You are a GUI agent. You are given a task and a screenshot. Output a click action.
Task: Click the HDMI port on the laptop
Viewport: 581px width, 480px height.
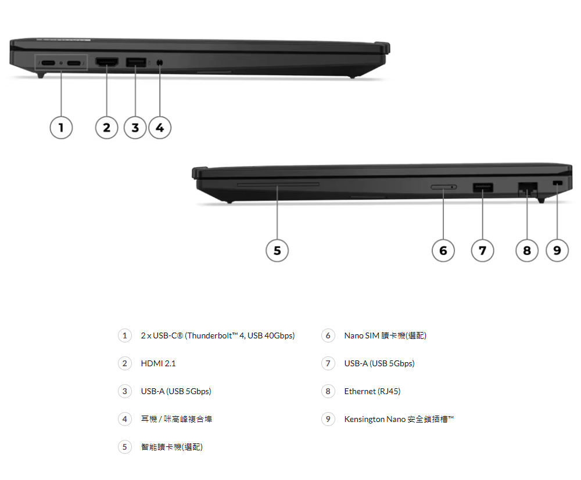coord(107,62)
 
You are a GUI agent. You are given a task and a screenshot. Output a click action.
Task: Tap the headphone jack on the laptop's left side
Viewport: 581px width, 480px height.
coord(160,62)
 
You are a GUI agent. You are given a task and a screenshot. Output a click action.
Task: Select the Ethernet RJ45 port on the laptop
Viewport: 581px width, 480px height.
coord(528,189)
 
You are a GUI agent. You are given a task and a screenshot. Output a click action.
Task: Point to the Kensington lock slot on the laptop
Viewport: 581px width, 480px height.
coord(557,183)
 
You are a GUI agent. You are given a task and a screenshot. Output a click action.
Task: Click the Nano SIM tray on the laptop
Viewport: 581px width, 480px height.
coord(443,187)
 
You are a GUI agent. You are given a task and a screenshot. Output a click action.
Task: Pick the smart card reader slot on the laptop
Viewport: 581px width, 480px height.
coord(278,184)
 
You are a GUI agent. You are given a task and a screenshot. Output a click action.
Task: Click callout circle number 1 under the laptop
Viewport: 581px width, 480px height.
coord(61,128)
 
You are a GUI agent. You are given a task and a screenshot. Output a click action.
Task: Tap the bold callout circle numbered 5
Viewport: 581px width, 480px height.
coord(277,251)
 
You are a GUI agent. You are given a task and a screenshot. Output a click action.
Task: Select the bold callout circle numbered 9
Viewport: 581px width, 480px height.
coord(557,251)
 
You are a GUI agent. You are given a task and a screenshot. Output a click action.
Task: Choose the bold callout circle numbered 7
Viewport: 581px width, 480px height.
coord(482,251)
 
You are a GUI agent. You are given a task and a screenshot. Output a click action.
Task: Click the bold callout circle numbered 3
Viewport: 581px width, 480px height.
coord(135,128)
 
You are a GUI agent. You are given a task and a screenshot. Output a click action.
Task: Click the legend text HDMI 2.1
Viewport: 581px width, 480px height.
coord(158,363)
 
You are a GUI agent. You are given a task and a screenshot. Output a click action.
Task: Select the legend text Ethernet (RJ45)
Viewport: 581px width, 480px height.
coord(372,391)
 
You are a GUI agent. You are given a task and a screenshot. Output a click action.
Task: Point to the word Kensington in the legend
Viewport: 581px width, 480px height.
coord(364,419)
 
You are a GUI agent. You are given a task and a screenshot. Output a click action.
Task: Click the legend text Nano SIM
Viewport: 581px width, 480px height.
coord(361,335)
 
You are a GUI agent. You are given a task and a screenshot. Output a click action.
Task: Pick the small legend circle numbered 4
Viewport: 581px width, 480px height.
coord(125,419)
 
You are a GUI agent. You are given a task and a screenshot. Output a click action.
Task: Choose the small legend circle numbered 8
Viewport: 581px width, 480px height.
coord(328,391)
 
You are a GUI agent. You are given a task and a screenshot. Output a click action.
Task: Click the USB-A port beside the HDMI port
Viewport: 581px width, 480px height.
coord(135,62)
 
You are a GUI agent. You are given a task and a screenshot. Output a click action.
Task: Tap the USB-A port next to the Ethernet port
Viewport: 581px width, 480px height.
coord(483,187)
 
